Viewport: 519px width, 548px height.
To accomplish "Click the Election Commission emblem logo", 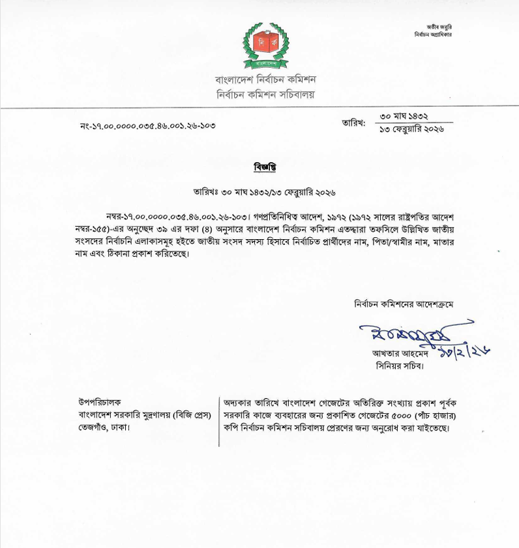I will tap(265, 46).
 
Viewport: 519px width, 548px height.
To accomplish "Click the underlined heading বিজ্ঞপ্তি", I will tap(265, 166).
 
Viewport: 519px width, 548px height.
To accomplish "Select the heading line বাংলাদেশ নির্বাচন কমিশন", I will tap(265, 79).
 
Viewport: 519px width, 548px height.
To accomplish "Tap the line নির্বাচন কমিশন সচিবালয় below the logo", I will tap(265, 94).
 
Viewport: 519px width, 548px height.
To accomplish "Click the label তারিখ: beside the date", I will tap(353, 122).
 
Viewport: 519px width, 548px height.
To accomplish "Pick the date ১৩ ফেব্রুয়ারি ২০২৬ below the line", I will tap(412, 129).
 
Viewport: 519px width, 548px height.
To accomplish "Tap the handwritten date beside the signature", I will tap(467, 352).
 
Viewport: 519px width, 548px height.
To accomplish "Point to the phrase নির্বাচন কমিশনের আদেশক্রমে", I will tap(404, 304).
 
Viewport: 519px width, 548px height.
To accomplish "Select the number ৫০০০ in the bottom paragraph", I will tap(381, 415).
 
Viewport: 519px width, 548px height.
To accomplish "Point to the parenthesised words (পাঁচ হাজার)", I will tap(424, 415).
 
